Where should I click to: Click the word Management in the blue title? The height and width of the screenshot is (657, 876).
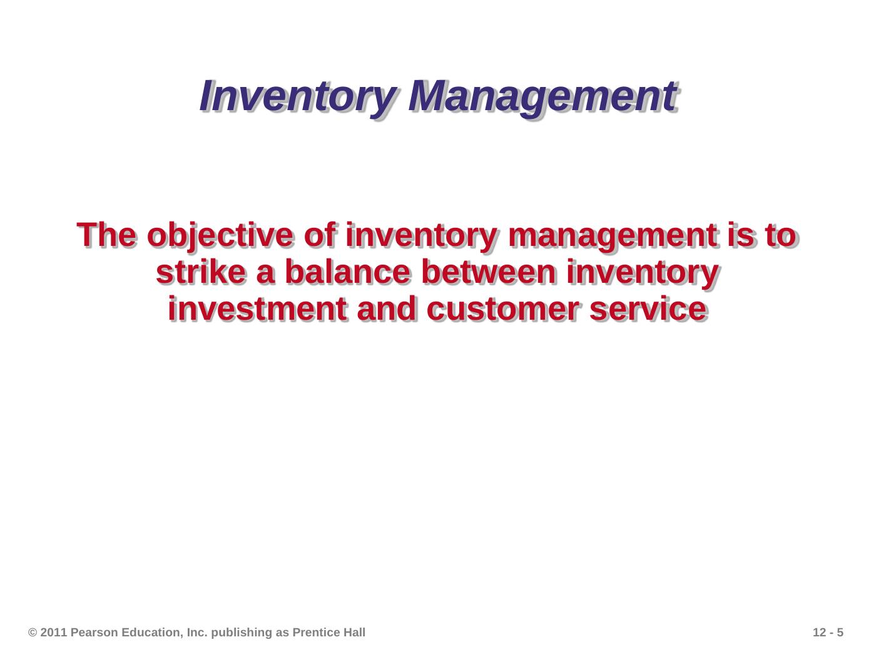pos(542,97)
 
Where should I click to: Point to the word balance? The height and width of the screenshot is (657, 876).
pos(348,272)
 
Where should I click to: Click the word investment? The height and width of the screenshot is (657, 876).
pos(257,309)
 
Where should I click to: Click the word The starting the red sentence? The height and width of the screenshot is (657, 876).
pos(106,235)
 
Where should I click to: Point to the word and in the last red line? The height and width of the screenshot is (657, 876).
pos(387,309)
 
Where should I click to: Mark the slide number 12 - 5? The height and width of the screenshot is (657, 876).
pos(828,632)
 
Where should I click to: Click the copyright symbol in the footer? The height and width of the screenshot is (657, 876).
pos(33,632)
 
